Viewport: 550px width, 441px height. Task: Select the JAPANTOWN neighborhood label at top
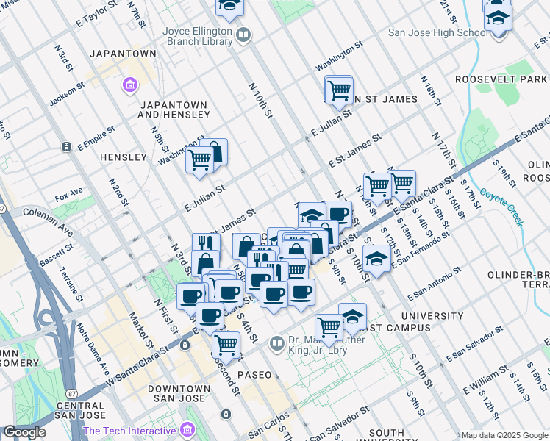pos(123,54)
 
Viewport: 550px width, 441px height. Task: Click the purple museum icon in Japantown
pos(130,85)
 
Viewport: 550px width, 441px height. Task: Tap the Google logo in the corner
pos(24,432)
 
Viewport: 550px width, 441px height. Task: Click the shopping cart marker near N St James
pos(338,91)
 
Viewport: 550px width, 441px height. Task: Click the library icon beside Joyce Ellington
pos(243,34)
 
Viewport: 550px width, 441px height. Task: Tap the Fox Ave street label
pos(69,196)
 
